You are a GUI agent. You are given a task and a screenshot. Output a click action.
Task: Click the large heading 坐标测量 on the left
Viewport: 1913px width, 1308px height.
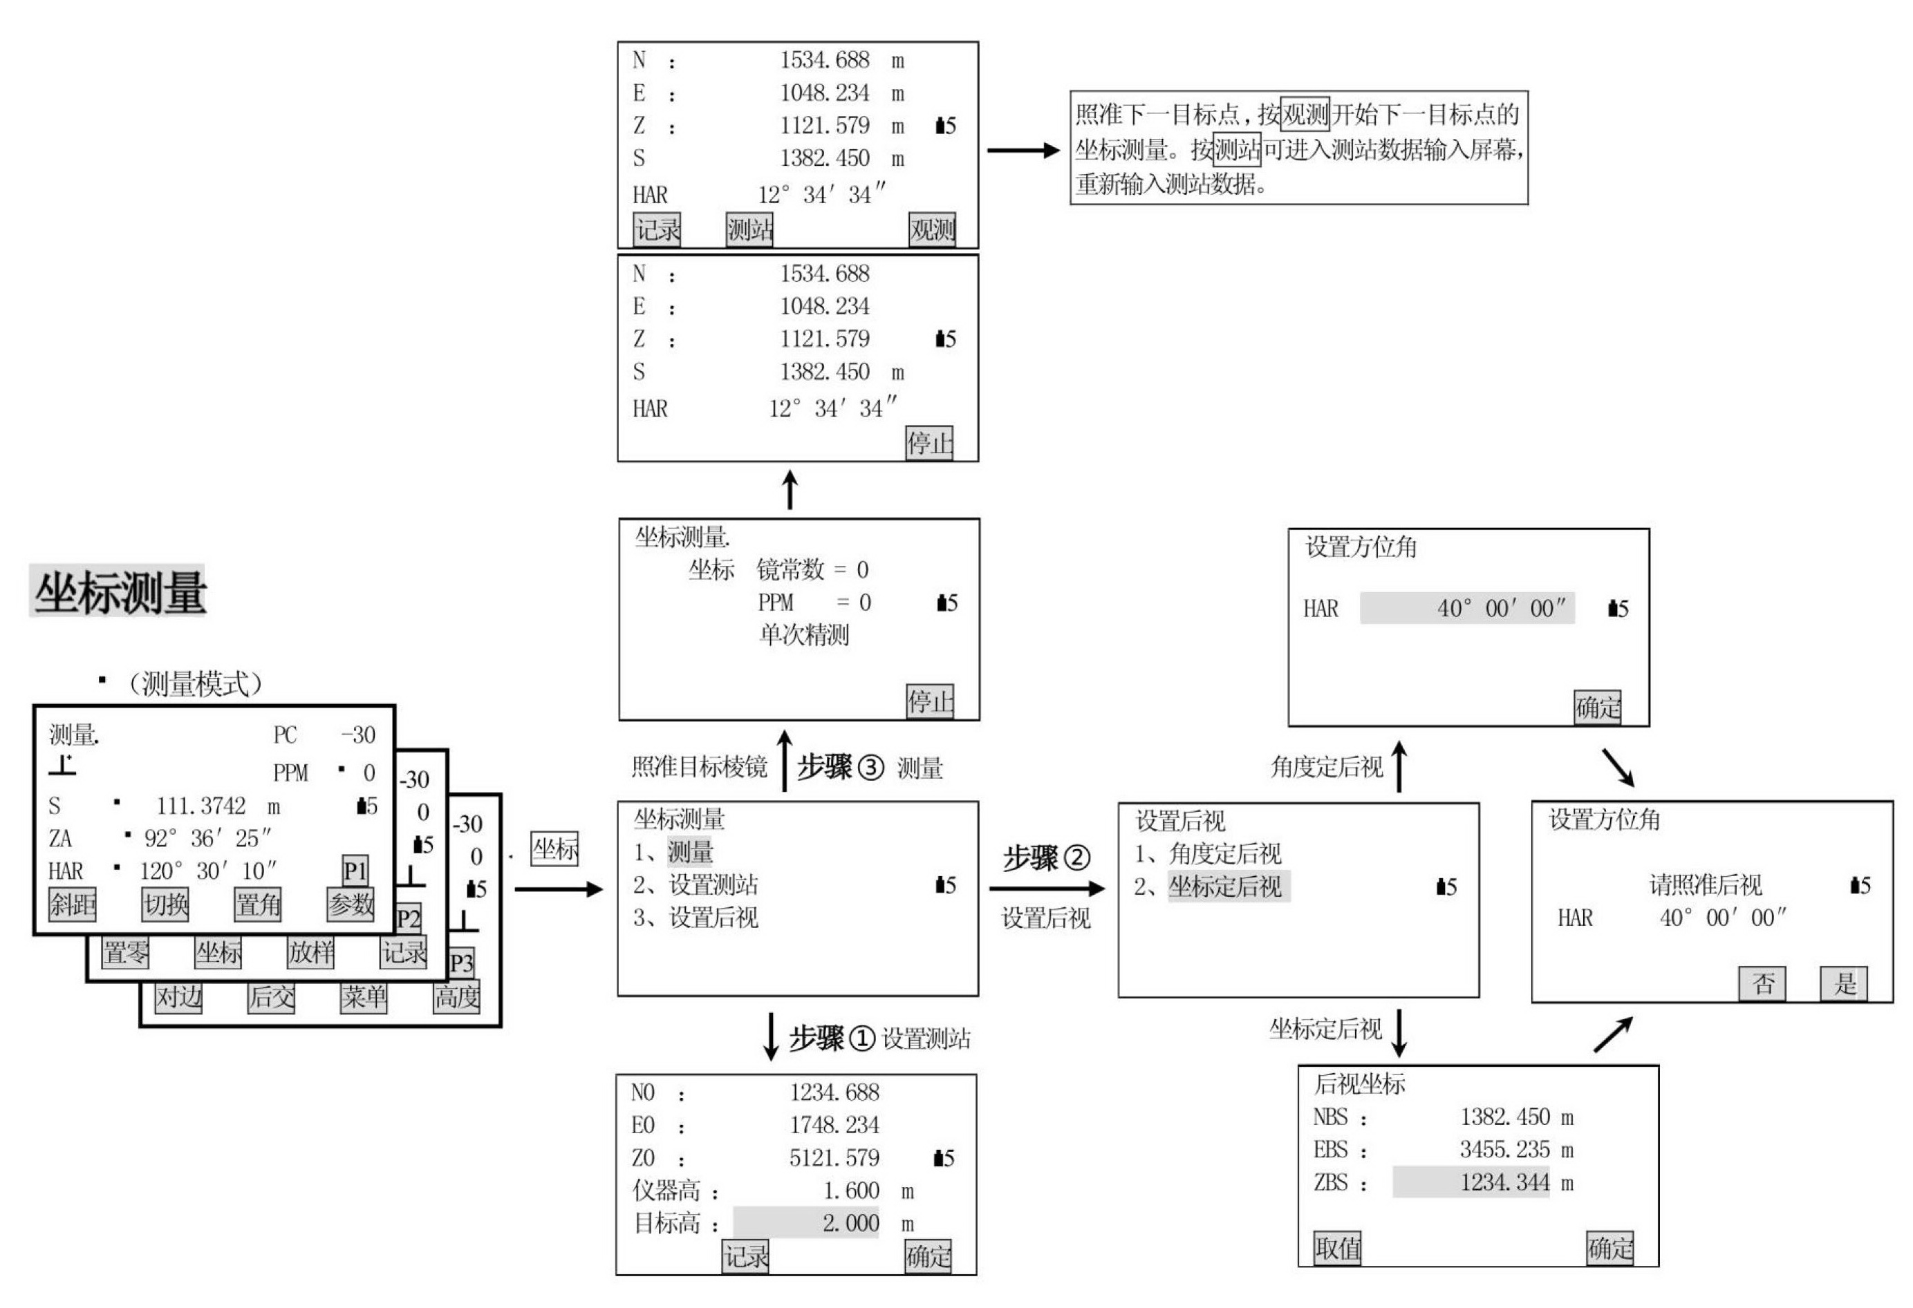[x=120, y=591]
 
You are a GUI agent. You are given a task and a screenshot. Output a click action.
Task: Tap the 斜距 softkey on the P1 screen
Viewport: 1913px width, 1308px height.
[x=73, y=904]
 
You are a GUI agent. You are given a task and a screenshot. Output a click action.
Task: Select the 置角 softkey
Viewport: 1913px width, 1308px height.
[x=259, y=904]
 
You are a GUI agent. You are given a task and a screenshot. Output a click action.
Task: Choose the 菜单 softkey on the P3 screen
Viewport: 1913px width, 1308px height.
[x=364, y=997]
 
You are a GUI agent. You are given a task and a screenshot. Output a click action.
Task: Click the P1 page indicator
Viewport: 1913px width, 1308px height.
[x=355, y=869]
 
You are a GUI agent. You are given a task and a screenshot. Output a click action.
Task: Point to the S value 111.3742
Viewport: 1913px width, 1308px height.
[x=201, y=806]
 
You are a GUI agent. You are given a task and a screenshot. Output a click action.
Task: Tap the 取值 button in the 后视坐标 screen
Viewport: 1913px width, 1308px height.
[x=1338, y=1248]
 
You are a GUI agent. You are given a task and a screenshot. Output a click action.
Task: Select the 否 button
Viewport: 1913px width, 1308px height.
[x=1762, y=983]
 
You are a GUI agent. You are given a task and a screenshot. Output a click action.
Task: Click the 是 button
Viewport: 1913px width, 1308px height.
[x=1845, y=983]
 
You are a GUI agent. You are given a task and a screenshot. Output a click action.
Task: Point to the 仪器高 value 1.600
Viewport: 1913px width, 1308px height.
[x=851, y=1191]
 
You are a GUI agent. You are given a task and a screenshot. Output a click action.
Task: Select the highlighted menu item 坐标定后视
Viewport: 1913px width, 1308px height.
[x=1226, y=886]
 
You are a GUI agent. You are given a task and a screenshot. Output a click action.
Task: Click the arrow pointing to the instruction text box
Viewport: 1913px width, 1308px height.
[x=1023, y=151]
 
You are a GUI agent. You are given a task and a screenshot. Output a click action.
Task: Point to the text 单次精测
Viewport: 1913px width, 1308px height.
[x=804, y=634]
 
